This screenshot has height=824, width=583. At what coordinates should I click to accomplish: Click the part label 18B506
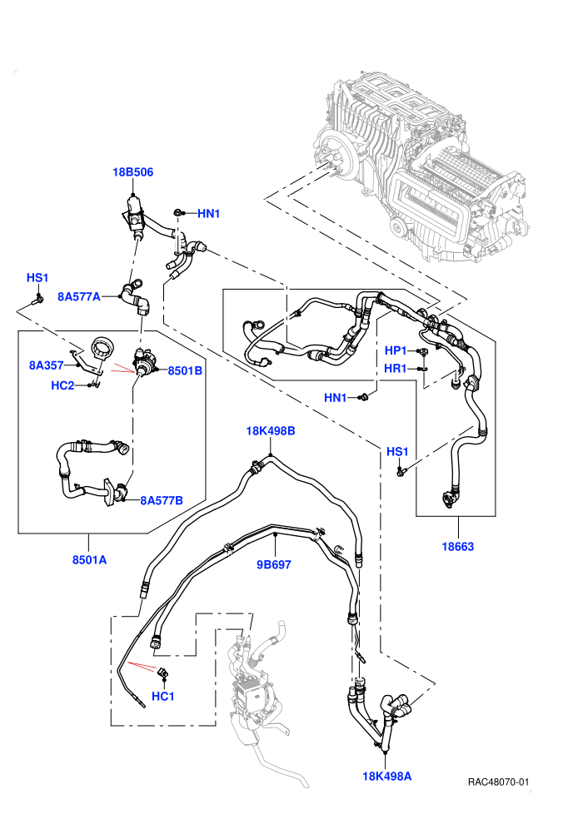coord(132,172)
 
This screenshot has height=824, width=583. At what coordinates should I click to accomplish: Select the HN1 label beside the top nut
coord(209,214)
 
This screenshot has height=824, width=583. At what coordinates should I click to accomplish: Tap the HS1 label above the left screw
coord(37,277)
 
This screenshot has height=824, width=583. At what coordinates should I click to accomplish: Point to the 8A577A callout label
coord(79,297)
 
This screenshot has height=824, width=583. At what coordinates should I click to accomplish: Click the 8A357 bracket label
coord(47,365)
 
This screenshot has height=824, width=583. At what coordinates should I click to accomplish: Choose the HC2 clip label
coord(62,385)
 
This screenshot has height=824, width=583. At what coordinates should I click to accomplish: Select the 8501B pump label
coord(185,371)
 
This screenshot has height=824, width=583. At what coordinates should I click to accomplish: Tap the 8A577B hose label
coord(162,501)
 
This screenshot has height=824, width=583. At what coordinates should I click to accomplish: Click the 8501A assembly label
coord(89,560)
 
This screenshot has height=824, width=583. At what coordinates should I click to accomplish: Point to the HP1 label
coord(396,350)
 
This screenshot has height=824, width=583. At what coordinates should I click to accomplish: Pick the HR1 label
coord(396,369)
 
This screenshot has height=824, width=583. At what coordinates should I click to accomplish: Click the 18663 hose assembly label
coord(458,547)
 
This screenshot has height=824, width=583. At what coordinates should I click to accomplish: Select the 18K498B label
coord(271,431)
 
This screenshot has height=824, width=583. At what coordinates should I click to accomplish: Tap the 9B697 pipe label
coord(274,565)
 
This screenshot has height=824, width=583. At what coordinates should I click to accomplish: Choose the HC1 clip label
coord(163,697)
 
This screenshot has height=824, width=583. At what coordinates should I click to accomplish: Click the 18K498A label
coord(387,777)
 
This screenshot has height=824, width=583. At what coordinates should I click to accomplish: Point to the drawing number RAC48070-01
coord(498,782)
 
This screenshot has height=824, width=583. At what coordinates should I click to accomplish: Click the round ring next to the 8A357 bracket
coord(102,348)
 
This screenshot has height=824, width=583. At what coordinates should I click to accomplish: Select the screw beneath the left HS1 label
coord(37,300)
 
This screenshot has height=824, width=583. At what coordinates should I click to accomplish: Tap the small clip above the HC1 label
coord(163,673)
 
